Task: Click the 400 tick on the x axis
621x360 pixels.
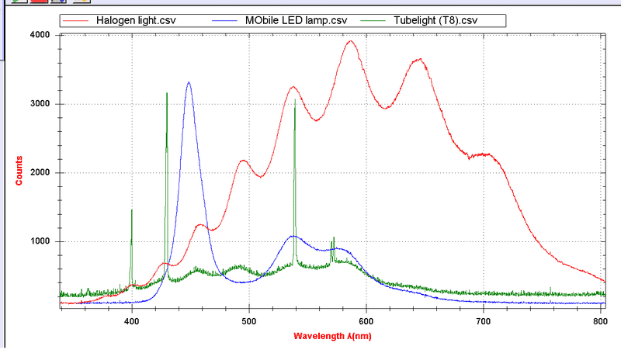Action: (132, 320)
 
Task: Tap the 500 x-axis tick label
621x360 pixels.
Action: (249, 320)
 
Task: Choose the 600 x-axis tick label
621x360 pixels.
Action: (366, 320)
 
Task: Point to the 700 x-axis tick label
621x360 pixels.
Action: (484, 320)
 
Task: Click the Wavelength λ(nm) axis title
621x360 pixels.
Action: (331, 337)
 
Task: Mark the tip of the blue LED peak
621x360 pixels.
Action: (189, 82)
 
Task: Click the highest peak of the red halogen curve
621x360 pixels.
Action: (350, 41)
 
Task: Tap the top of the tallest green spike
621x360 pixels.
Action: (167, 93)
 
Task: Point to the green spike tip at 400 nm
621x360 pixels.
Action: (132, 210)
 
